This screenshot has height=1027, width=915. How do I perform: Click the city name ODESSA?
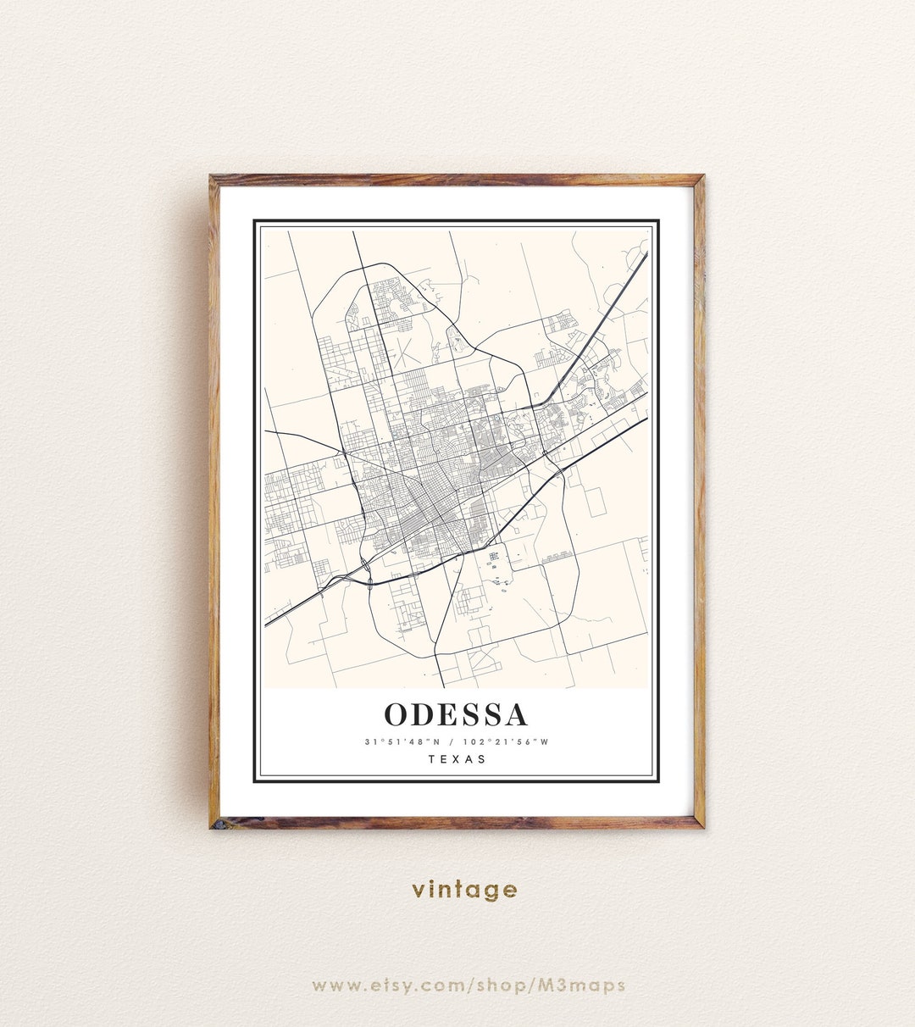coord(457,714)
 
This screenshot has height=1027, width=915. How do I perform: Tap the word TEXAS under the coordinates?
coord(457,759)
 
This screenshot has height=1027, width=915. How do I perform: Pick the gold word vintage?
coord(464,890)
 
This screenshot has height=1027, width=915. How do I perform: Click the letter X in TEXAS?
coord(457,759)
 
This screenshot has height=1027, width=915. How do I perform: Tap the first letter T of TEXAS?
coord(432,759)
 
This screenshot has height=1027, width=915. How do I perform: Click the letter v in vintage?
coord(419,891)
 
